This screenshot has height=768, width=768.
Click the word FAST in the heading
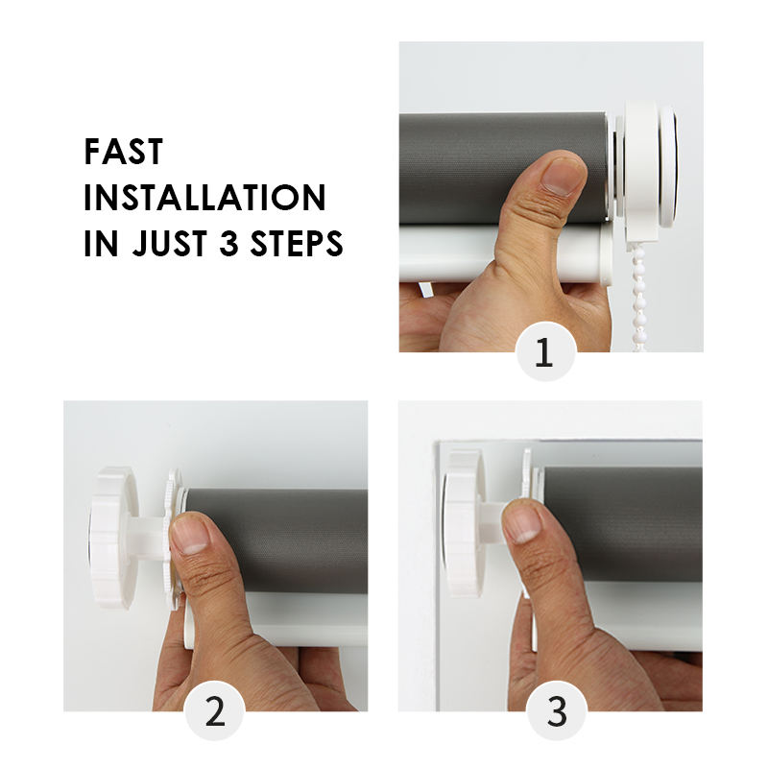pos(124,152)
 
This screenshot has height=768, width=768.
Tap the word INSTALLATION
pos(204,198)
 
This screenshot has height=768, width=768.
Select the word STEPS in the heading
pos(297,244)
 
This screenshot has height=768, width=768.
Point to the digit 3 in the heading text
pos(228,244)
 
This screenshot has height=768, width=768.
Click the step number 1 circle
pos(545,351)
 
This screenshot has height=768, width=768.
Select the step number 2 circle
pos(214,710)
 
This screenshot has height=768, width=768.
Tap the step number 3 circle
pos(557,710)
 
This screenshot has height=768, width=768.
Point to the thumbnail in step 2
pos(191,536)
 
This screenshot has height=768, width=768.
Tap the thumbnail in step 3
pos(523,523)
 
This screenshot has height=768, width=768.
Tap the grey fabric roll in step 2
pos(276,541)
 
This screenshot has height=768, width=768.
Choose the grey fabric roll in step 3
pos(623,524)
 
